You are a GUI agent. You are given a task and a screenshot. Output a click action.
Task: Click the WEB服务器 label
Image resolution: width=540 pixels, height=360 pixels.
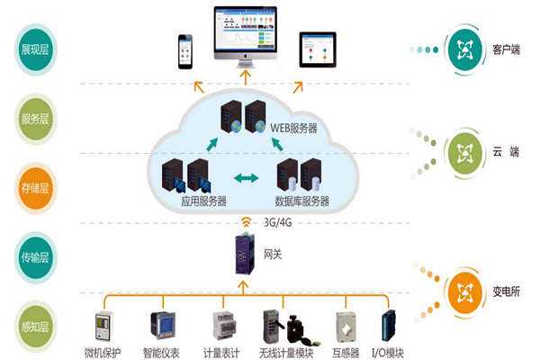(294, 128)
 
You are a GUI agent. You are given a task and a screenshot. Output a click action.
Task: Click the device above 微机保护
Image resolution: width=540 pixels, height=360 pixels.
(104, 326)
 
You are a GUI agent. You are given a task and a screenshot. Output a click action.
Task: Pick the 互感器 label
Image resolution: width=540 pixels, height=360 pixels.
(346, 351)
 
